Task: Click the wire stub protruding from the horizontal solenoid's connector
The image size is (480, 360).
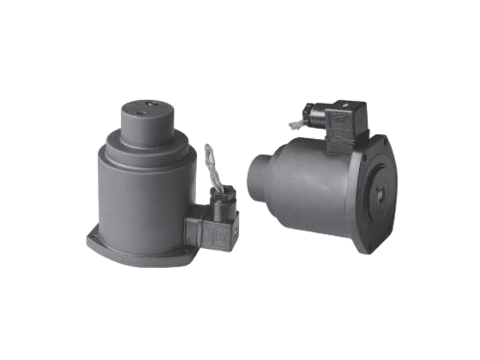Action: tap(295, 124)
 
